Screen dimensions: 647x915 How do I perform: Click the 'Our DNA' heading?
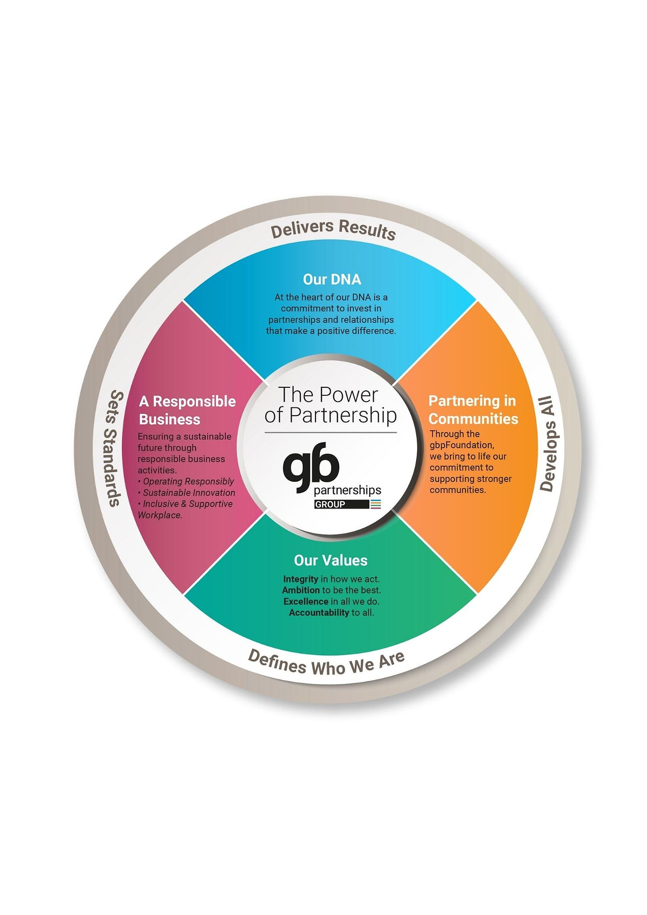pos(332,279)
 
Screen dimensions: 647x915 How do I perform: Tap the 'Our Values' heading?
pos(331,560)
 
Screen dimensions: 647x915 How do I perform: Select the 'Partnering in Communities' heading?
pos(473,409)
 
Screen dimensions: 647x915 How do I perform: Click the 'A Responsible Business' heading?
pos(187,410)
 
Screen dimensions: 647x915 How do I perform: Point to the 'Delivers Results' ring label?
pos(333,228)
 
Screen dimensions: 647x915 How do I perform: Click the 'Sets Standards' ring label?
pos(115,448)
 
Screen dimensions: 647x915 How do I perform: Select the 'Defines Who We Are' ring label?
pos(327,663)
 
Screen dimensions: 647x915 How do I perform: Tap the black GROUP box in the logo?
pos(342,504)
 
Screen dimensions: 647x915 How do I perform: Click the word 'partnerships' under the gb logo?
pos(347,490)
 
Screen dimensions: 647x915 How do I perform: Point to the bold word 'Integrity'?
pos(301,579)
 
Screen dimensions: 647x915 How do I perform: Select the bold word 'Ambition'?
pos(301,590)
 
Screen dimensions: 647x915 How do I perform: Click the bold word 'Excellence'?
pos(306,601)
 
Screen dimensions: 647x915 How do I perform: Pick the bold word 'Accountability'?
pos(319,613)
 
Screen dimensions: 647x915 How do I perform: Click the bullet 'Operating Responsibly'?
pos(186,481)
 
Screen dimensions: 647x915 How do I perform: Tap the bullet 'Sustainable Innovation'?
pos(187,492)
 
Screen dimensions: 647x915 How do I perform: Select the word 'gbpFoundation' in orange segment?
pos(461,445)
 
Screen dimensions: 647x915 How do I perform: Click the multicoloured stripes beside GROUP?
pos(376,504)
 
